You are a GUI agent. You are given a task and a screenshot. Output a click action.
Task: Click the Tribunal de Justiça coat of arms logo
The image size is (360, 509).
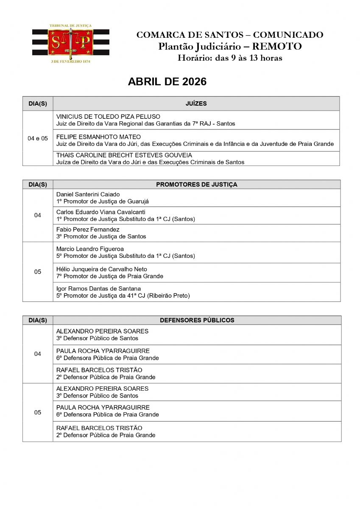pos(70,42)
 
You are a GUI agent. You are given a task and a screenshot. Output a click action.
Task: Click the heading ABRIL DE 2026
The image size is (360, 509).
pos(167,82)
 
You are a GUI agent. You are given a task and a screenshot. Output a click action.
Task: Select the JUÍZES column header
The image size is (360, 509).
pos(196,103)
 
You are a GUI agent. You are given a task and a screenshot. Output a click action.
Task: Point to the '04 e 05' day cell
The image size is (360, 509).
pos(38,138)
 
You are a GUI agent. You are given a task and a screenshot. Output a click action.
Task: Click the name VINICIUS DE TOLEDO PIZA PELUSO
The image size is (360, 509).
pos(108,116)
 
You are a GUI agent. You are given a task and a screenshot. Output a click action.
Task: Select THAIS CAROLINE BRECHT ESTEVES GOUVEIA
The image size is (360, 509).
pos(124,155)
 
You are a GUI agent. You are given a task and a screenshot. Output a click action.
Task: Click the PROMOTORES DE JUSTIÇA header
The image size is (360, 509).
pos(196,185)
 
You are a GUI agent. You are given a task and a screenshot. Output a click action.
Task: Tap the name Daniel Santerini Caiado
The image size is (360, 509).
pos(88,194)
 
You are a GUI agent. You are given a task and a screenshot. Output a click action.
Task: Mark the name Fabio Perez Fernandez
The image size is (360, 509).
pos(88,229)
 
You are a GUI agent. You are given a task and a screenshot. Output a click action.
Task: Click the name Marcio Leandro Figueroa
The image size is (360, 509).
pos(89,249)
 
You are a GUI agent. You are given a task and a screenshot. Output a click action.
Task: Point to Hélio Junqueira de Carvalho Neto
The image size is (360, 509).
pos(102,269)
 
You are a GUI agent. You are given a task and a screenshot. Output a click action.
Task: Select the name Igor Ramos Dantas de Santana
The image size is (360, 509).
pos(98,288)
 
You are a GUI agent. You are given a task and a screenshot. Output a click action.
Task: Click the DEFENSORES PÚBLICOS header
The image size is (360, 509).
pos(197,320)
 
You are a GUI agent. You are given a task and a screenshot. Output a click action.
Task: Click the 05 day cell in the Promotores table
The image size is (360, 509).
pos(38,272)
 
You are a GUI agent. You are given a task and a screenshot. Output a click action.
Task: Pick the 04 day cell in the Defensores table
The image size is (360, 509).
pos(38,354)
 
